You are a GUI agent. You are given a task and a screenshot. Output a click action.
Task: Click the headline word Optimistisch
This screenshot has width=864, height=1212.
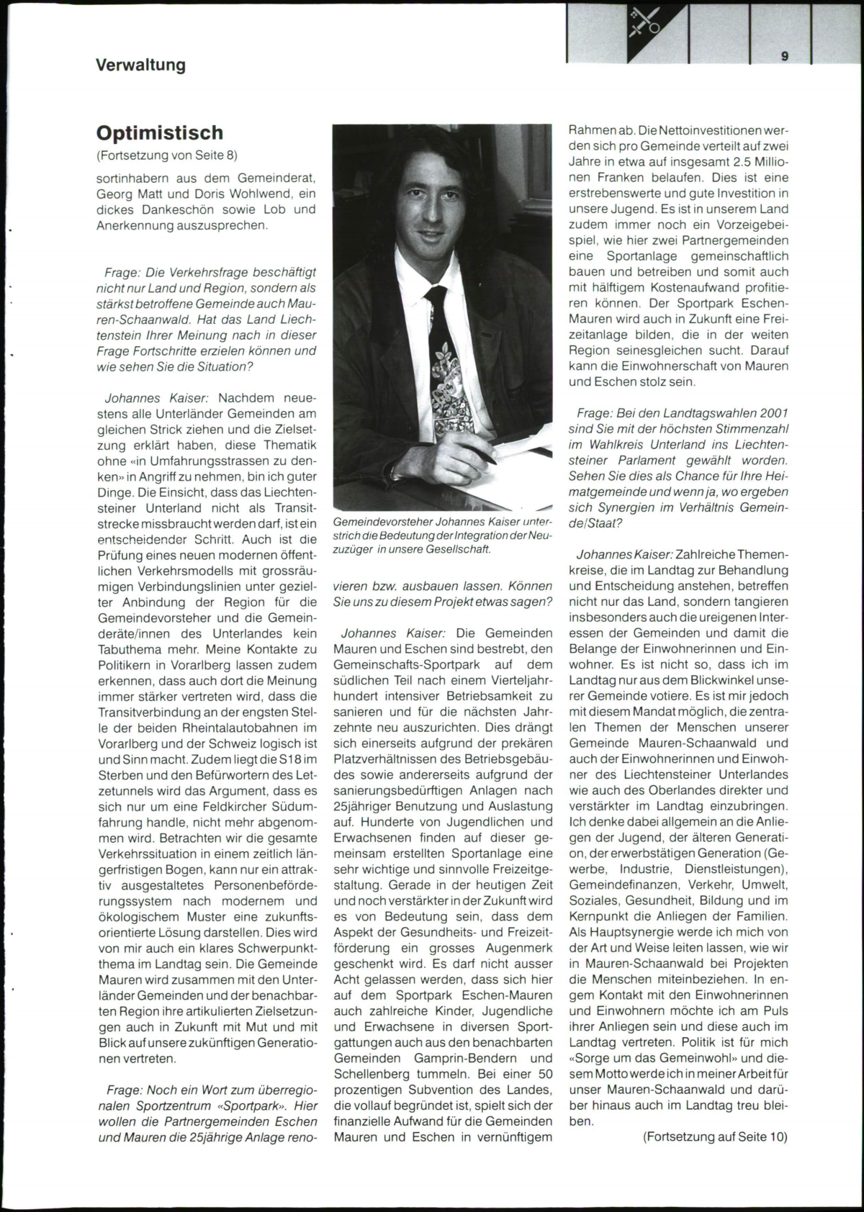pos(160,133)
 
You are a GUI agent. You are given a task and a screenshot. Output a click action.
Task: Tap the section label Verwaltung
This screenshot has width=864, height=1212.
pos(140,65)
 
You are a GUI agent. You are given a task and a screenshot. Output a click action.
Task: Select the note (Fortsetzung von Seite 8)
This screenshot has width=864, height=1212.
pos(166,155)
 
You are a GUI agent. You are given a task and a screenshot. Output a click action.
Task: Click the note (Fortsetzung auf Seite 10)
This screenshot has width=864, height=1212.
pos(716,1137)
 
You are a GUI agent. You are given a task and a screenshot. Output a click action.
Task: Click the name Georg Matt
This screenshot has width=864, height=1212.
pos(127,194)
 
